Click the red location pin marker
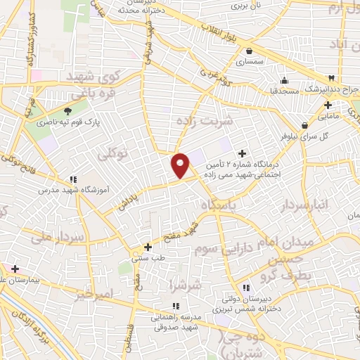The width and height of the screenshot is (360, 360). (x=181, y=165)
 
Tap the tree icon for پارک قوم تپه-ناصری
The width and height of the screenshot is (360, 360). (x=68, y=111)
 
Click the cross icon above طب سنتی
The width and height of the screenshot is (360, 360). (x=148, y=247)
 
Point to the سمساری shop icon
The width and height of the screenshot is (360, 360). (x=250, y=50)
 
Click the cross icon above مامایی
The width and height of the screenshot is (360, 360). (x=328, y=104)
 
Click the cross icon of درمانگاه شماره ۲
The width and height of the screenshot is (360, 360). (x=243, y=153)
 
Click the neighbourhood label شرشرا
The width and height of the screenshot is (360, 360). (x=186, y=285)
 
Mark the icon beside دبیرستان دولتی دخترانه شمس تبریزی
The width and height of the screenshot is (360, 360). (x=246, y=288)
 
